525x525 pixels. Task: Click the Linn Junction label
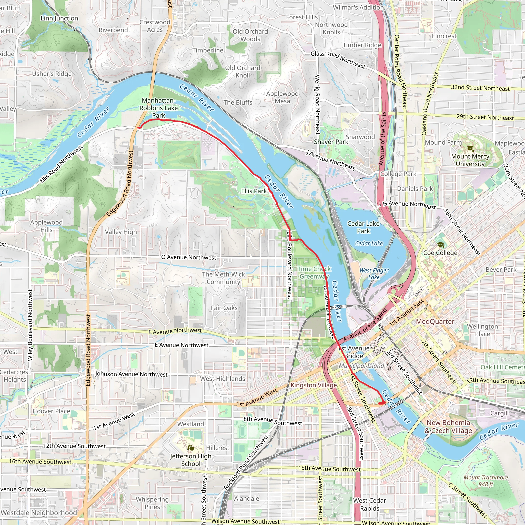pyautogui.click(x=59, y=18)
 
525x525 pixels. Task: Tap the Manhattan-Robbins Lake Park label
pyautogui.click(x=158, y=108)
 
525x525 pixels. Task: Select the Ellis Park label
pyautogui.click(x=254, y=191)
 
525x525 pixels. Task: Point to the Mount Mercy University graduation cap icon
pyautogui.click(x=470, y=148)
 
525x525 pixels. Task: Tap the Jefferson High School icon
pyautogui.click(x=191, y=447)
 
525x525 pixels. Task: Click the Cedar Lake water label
pyautogui.click(x=369, y=244)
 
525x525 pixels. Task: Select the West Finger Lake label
pyautogui.click(x=374, y=274)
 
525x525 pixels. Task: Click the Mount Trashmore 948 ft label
pyautogui.click(x=486, y=481)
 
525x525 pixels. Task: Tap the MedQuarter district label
pyautogui.click(x=435, y=321)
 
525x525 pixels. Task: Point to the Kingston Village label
pyautogui.click(x=314, y=385)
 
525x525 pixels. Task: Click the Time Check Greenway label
pyautogui.click(x=314, y=272)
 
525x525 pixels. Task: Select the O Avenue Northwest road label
pyautogui.click(x=189, y=257)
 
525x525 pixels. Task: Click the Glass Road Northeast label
pyautogui.click(x=338, y=59)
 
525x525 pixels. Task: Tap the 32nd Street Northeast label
pyautogui.click(x=480, y=88)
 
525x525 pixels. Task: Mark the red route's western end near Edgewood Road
pyautogui.click(x=139, y=127)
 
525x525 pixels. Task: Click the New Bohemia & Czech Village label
pyautogui.click(x=448, y=426)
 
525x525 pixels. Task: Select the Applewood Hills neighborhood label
pyautogui.click(x=46, y=226)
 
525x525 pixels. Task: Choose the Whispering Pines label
pyautogui.click(x=152, y=503)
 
